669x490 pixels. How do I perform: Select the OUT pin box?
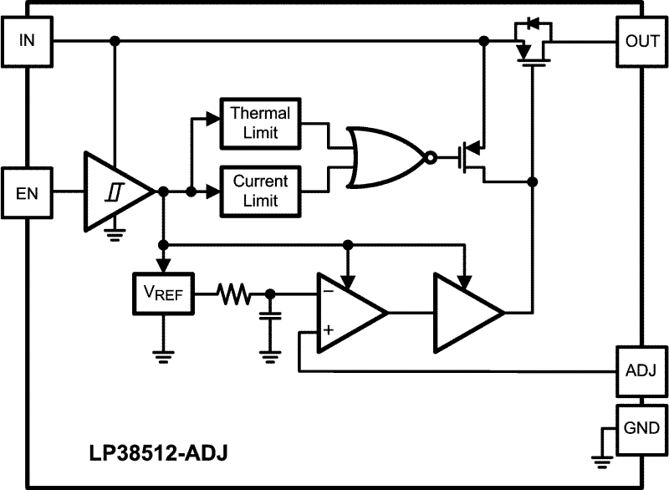click(641, 41)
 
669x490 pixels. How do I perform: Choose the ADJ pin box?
click(641, 369)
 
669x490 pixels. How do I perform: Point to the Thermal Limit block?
click(260, 122)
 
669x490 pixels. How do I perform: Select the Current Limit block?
click(260, 191)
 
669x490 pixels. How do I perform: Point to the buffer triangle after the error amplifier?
click(466, 312)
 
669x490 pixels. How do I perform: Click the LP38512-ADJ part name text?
click(158, 452)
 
